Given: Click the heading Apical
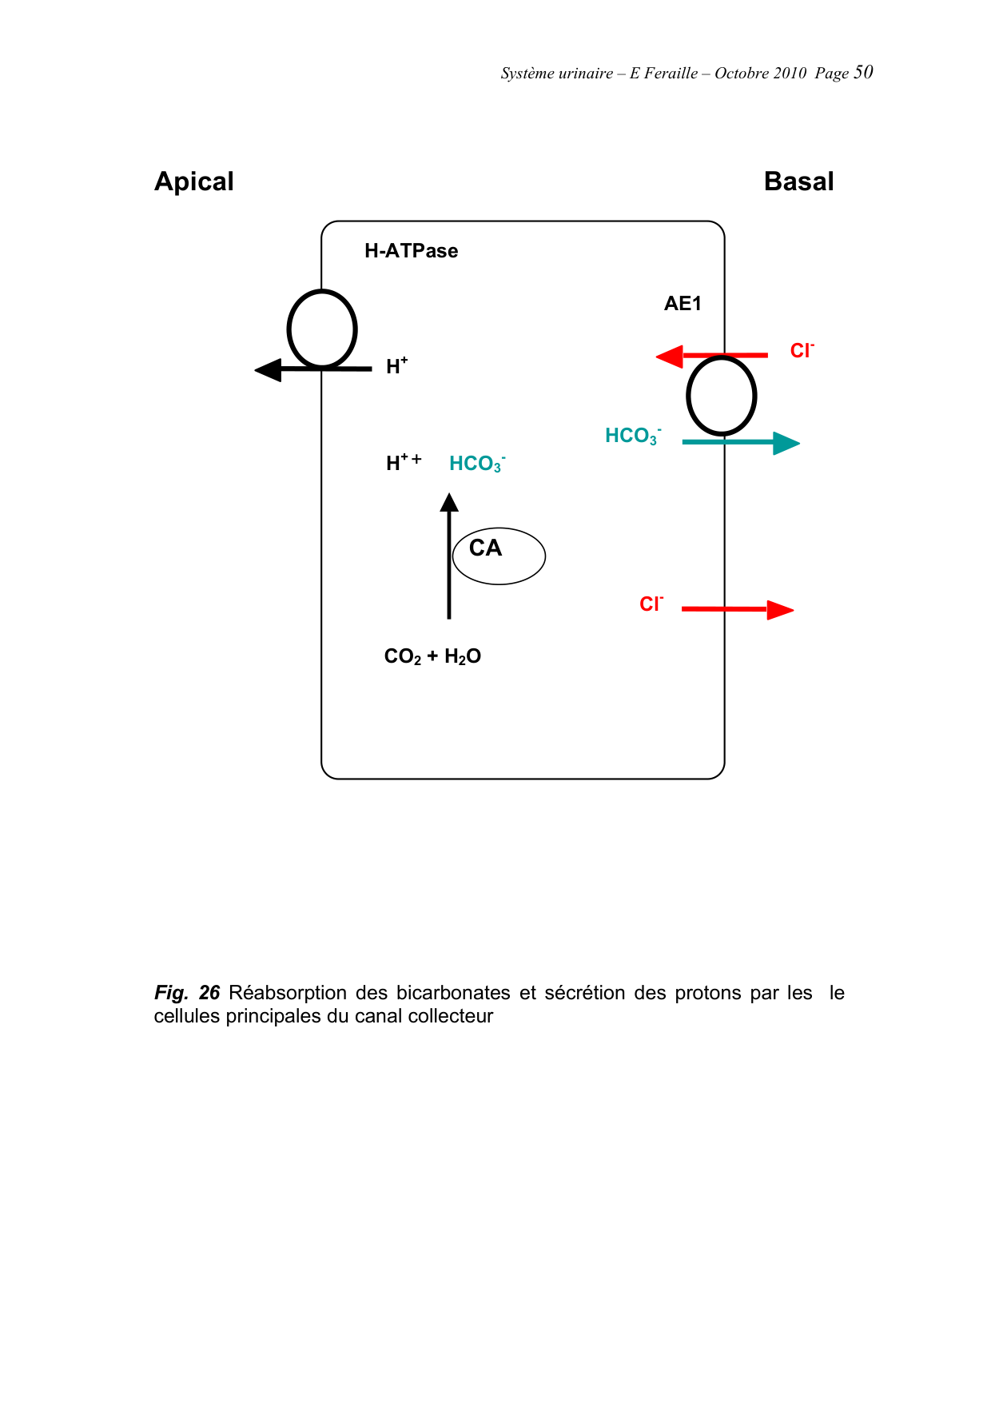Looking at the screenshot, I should point(194,182).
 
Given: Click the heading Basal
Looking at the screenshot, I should point(798,181).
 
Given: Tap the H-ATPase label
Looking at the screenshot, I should point(411,251).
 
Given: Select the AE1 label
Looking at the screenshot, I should point(683,304).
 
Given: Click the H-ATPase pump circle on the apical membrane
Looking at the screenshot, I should point(322,329).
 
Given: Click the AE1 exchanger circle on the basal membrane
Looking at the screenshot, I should point(722,396).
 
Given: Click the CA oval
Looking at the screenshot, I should point(499,556).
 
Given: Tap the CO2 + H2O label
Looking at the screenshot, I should point(432,657).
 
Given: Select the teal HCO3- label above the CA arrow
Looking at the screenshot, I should point(477,464).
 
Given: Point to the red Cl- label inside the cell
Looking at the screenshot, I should point(651,604).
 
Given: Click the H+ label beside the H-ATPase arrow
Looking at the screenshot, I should point(396,367).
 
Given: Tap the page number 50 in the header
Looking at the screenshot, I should point(863,73).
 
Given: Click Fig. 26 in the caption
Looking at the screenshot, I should point(187,993).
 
